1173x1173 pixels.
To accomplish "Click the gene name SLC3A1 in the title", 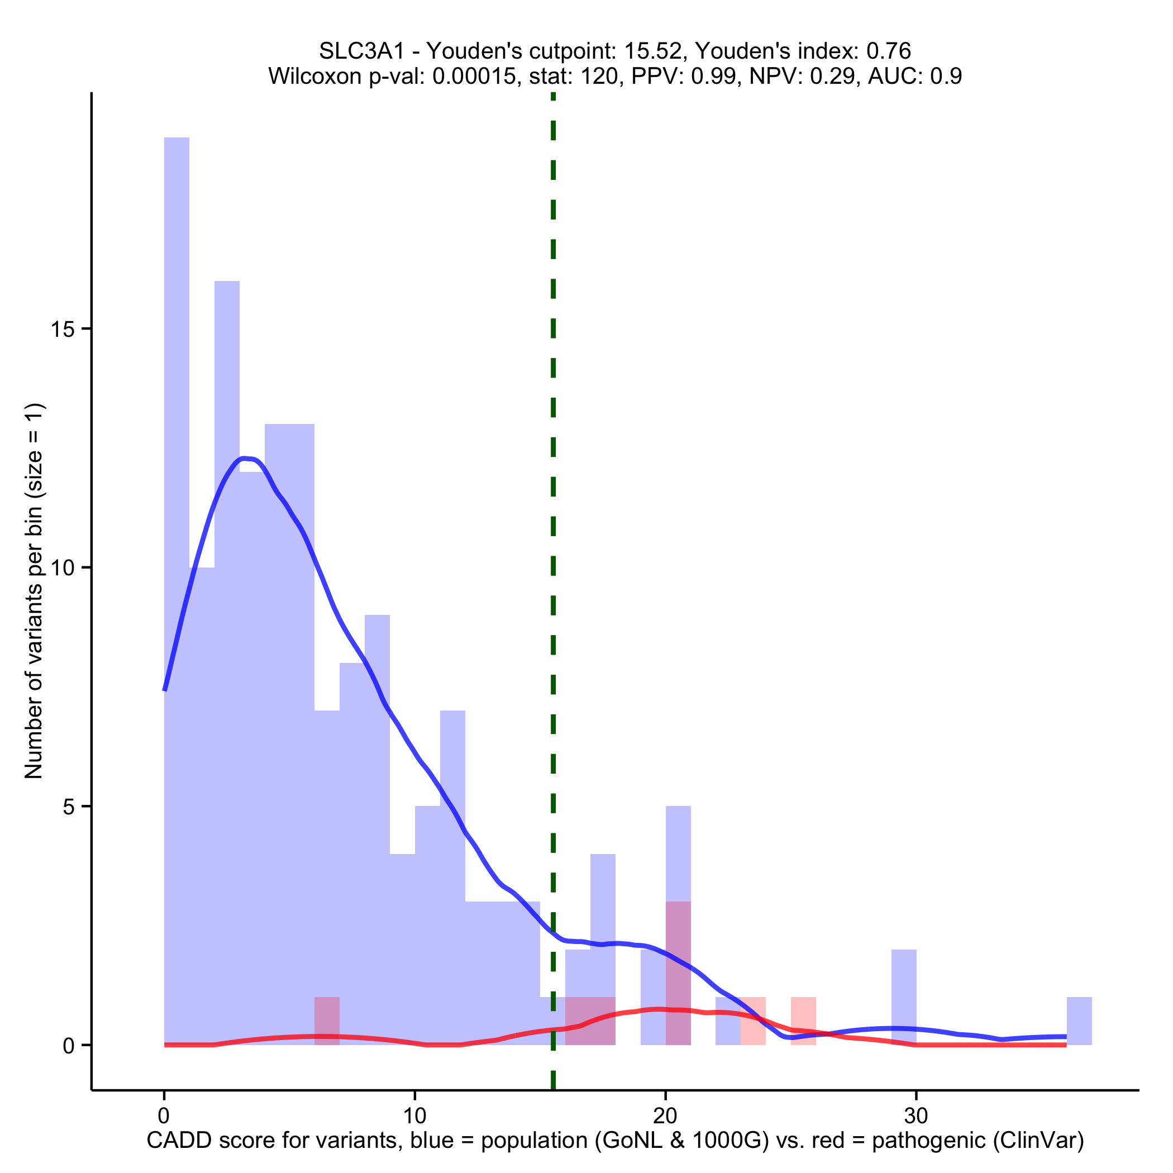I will click(x=361, y=51).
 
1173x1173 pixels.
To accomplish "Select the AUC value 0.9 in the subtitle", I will click(x=947, y=77).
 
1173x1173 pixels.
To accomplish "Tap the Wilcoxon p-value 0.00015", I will click(x=474, y=77).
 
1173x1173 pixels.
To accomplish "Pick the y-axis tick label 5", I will click(x=69, y=807).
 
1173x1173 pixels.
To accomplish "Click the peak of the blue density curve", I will click(x=245, y=458).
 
